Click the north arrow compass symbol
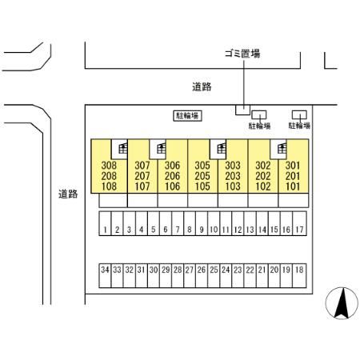[342, 303]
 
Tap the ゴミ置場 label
[242, 54]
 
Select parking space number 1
[105, 223]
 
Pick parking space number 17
[299, 223]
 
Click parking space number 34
[105, 276]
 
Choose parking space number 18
[299, 276]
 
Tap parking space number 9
[202, 223]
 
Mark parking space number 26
[202, 276]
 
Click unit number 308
[109, 166]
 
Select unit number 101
[293, 186]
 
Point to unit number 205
[202, 176]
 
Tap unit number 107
[142, 186]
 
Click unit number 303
[233, 166]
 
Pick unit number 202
[263, 176]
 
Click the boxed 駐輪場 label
[187, 116]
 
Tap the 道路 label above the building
[202, 87]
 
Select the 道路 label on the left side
[68, 194]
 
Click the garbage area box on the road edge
[242, 110]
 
